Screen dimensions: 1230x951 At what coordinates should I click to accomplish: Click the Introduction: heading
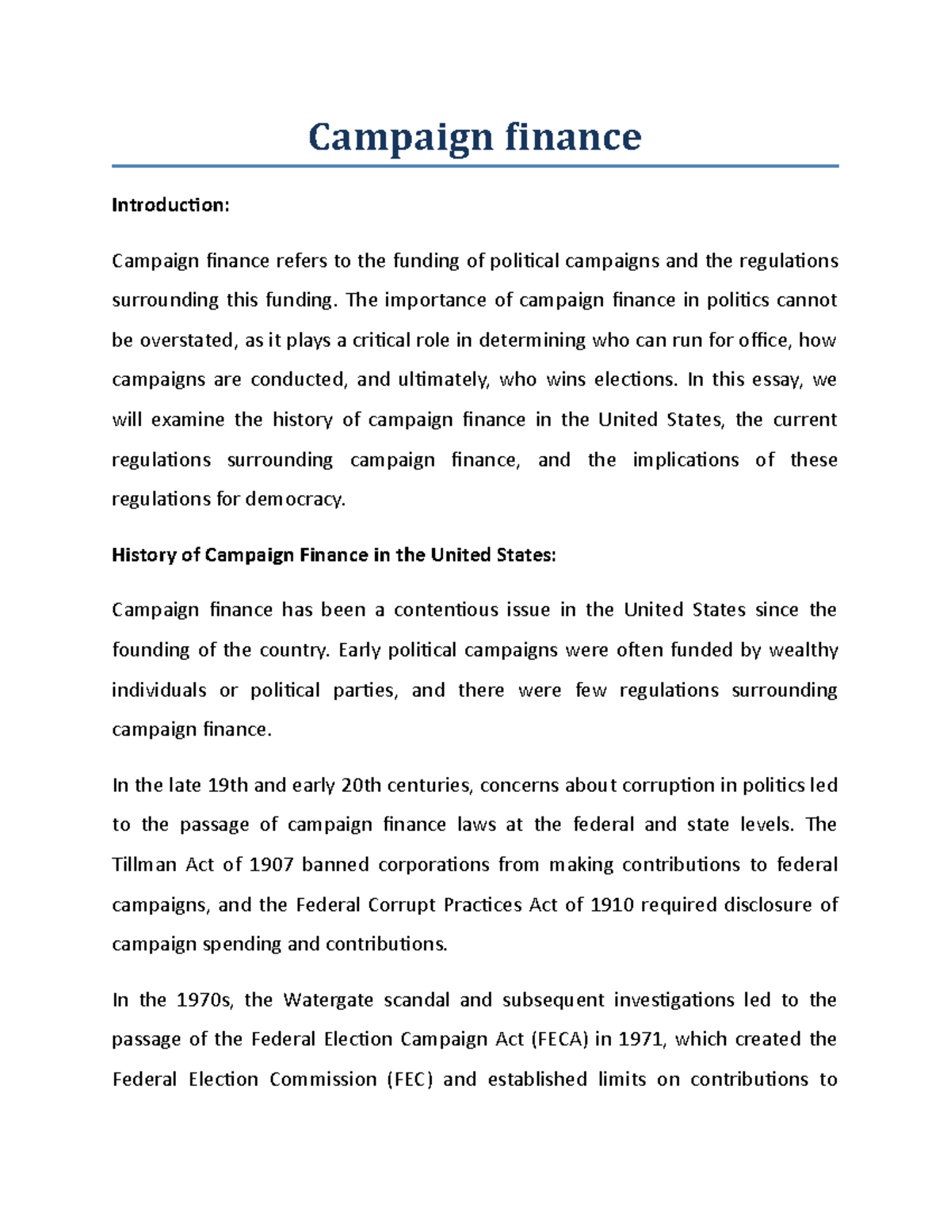pyautogui.click(x=170, y=205)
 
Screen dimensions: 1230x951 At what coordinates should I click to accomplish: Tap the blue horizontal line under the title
pyautogui.click(x=474, y=166)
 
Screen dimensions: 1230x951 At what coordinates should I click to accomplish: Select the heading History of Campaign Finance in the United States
pyautogui.click(x=334, y=555)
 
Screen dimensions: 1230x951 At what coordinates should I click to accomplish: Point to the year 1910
pyautogui.click(x=612, y=904)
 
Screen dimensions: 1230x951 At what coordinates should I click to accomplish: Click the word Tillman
pyautogui.click(x=143, y=865)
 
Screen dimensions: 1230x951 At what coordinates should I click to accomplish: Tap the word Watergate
pyautogui.click(x=327, y=1000)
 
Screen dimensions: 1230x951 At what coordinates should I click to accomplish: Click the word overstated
pyautogui.click(x=187, y=341)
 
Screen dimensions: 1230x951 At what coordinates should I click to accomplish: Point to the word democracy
pyautogui.click(x=295, y=500)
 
